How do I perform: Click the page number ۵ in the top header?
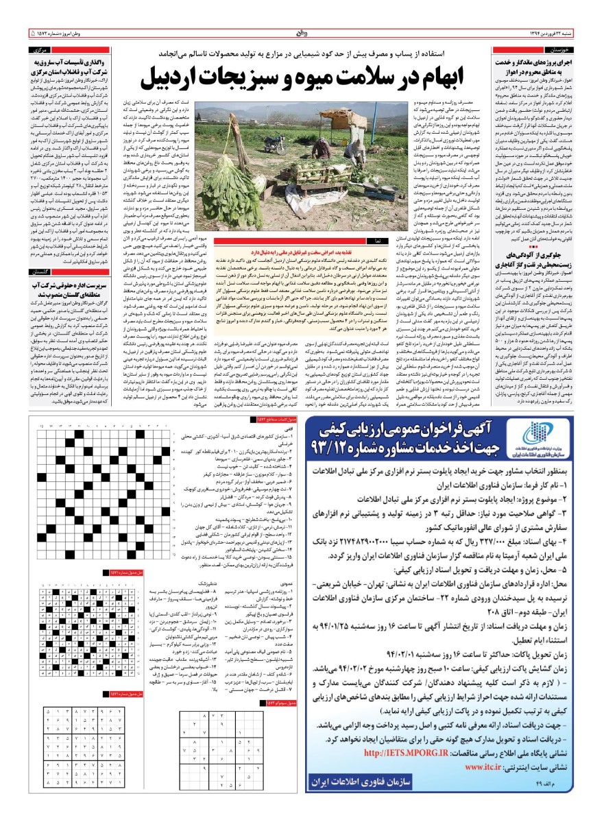click(x=33, y=32)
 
